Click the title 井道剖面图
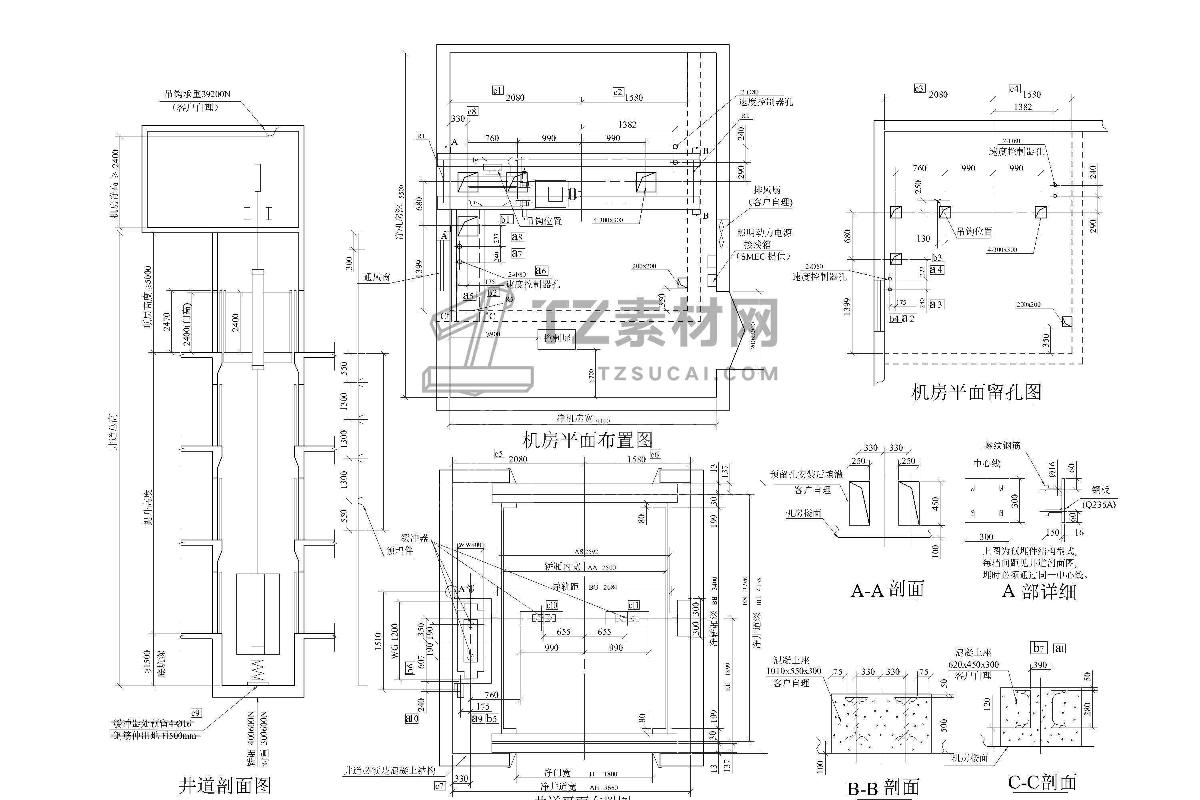pos(224,785)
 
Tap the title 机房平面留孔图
pos(976,392)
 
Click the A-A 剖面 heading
pos(887,590)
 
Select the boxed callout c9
pos(196,713)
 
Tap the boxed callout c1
pos(498,90)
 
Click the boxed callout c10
pos(552,605)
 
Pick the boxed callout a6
pos(541,270)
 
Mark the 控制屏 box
pos(557,338)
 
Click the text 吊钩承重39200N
pos(197,94)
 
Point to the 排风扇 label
pos(766,190)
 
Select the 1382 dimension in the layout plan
pos(627,124)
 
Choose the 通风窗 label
pos(377,277)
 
